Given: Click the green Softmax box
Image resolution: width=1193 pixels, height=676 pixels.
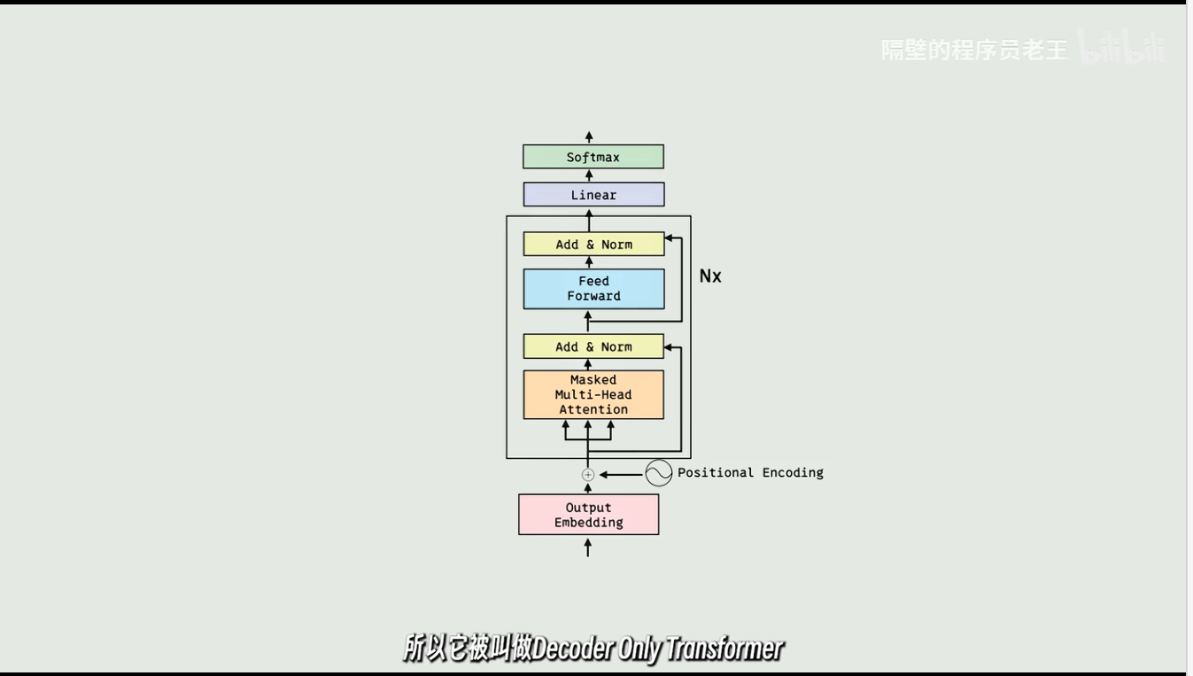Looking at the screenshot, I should click(x=593, y=157).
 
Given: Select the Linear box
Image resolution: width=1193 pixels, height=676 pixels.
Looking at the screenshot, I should click(x=593, y=195).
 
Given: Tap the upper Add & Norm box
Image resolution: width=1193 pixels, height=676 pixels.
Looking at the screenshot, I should click(x=593, y=245).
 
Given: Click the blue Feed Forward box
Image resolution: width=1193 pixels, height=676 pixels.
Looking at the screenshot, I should click(x=593, y=289).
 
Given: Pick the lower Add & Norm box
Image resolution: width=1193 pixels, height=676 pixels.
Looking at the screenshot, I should click(x=593, y=346).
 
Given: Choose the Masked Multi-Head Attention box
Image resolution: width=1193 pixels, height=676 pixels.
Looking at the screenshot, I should click(x=593, y=394).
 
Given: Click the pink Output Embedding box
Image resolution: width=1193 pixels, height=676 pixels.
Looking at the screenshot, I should click(x=588, y=515).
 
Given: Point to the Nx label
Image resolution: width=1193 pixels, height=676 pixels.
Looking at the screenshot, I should click(x=710, y=276).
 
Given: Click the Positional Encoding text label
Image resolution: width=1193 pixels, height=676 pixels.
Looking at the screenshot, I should click(x=750, y=473).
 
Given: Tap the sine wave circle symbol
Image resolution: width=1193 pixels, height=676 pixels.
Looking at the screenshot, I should click(x=659, y=473).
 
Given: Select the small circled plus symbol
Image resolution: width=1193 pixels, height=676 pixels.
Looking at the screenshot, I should click(x=588, y=475).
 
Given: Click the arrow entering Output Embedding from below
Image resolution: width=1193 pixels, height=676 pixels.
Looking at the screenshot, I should click(x=588, y=548).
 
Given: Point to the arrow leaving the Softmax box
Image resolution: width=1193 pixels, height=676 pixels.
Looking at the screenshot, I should click(x=589, y=137).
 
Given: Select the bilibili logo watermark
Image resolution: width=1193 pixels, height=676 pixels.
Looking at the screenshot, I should click(x=1122, y=48).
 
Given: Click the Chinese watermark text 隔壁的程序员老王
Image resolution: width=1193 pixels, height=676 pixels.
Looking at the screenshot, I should click(x=974, y=51).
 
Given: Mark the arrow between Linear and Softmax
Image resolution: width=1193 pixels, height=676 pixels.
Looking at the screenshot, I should click(x=589, y=175).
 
